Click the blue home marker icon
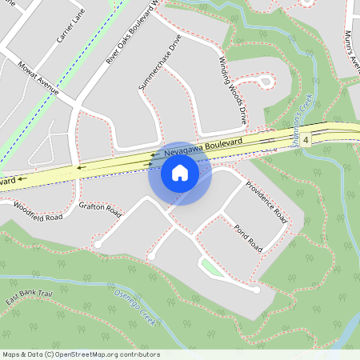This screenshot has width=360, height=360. click(180, 172)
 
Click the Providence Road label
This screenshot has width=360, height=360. click(266, 202)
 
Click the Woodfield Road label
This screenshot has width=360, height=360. click(38, 212)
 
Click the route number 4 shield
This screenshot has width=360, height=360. click(306, 140)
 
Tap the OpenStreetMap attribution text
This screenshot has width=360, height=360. click(81, 354)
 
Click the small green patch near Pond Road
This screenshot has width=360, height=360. click(210, 267)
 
